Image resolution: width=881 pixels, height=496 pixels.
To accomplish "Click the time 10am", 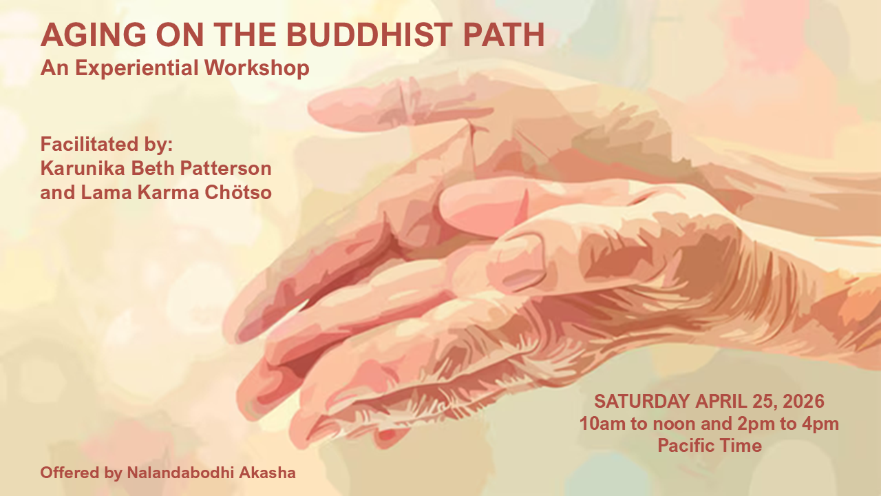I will tap(599, 424).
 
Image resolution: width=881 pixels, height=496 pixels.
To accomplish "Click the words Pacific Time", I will tap(709, 446).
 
